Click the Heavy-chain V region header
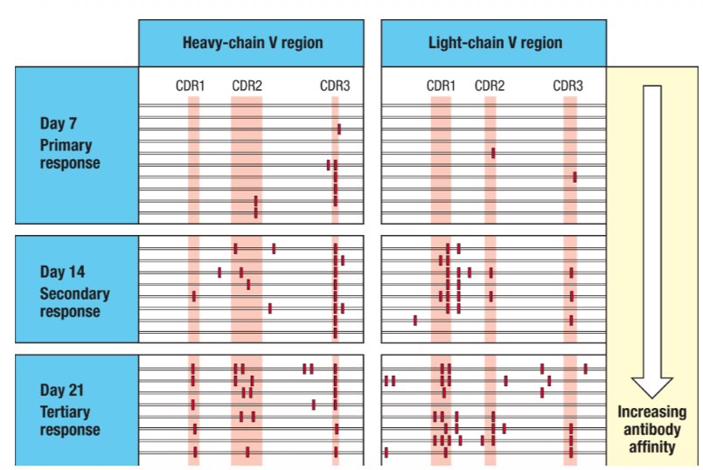(x=252, y=43)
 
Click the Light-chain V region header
(x=494, y=43)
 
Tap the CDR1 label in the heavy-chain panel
(x=190, y=86)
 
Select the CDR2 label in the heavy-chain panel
(x=247, y=86)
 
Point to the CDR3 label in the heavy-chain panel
(x=335, y=86)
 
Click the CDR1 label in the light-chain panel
(x=441, y=86)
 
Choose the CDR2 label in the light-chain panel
(x=490, y=86)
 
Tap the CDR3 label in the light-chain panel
(x=568, y=86)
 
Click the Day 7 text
(x=59, y=124)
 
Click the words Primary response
(x=70, y=155)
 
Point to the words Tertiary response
(x=70, y=421)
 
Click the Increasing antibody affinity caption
(x=651, y=429)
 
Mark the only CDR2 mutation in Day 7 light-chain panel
(x=493, y=153)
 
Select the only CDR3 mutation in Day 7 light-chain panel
(x=574, y=176)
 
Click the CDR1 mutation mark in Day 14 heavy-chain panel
(x=194, y=296)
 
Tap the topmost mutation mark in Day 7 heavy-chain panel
(x=339, y=129)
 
